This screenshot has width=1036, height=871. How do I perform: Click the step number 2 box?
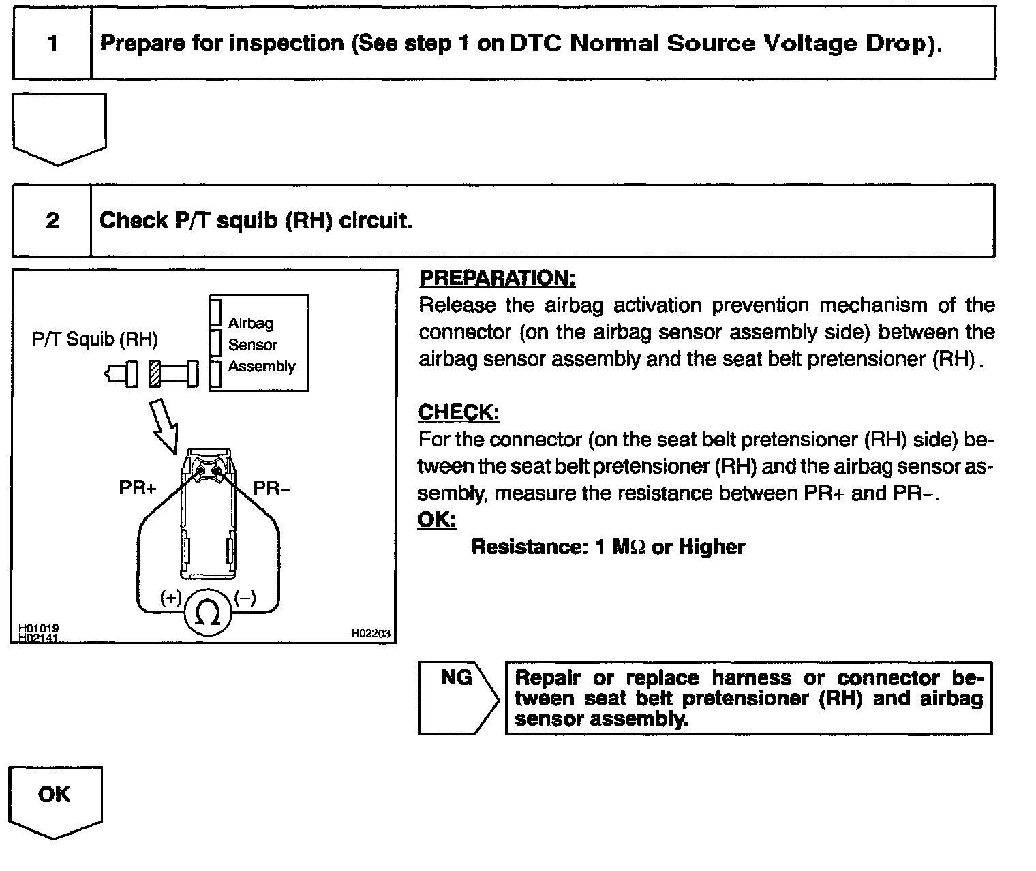(x=52, y=221)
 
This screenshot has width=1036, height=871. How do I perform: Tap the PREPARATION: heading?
(x=497, y=278)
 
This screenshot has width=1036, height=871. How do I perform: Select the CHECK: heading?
(x=458, y=412)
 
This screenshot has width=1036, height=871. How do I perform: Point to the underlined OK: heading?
(x=436, y=520)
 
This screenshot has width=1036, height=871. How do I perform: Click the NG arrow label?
(x=456, y=678)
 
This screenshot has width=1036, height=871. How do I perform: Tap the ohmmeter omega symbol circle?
(x=208, y=613)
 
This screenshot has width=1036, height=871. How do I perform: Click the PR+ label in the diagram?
(x=138, y=488)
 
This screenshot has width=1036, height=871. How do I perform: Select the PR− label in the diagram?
(x=271, y=488)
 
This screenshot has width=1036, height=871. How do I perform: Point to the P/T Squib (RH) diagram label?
(x=95, y=339)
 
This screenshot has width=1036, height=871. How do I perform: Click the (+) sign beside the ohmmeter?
(x=170, y=598)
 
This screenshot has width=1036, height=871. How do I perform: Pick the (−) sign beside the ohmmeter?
(x=245, y=598)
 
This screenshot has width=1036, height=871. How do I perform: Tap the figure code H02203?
(x=370, y=633)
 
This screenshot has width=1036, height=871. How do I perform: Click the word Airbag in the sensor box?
(x=250, y=323)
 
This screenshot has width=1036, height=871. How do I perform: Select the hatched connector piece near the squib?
(x=155, y=373)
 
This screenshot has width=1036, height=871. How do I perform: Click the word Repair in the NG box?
(x=547, y=678)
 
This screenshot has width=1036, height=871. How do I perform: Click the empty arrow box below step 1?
(x=59, y=126)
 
